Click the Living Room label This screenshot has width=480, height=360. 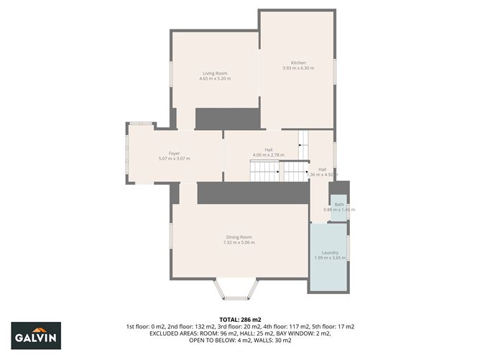[214, 73]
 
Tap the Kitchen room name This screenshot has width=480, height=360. [298, 63]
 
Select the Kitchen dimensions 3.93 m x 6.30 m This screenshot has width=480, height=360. [298, 68]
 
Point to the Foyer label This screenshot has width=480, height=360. [174, 153]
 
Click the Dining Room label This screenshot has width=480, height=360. [239, 236]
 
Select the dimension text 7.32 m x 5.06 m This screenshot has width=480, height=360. [239, 242]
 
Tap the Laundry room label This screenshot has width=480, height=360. [330, 251]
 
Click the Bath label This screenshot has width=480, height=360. [338, 204]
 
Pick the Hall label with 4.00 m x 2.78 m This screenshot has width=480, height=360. [268, 149]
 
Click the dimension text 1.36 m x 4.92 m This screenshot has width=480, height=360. [322, 175]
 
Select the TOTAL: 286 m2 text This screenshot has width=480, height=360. [239, 319]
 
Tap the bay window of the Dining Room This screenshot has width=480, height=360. [237, 290]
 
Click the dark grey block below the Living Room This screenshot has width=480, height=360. [227, 119]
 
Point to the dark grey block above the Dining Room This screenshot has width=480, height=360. [252, 193]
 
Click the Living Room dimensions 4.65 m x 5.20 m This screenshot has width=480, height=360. [214, 79]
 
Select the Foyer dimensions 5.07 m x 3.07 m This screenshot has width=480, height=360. [174, 159]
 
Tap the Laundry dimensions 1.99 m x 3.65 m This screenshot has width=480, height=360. [330, 257]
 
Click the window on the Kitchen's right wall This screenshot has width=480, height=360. [335, 72]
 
